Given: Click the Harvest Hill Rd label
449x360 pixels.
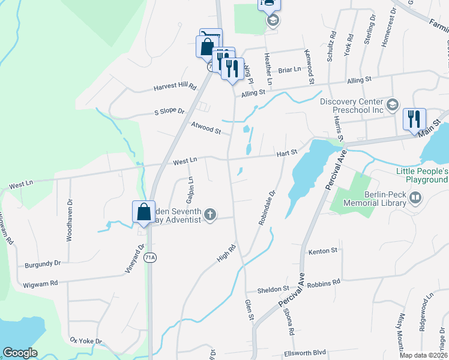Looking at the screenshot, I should pos(175,86).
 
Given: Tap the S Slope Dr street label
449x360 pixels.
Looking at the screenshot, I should pos(169,112).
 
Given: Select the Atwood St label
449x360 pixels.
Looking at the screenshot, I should pos(206,127).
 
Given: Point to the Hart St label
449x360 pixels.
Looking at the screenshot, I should pos(287,154).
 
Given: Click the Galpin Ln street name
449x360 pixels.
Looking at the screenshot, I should pos(190,189).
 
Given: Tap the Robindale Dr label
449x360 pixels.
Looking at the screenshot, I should pos(267,208).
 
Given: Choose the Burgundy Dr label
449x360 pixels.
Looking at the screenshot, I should pos(43,263).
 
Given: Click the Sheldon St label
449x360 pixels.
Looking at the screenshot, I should pos(273,289).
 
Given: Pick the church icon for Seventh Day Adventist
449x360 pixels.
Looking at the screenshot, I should pos(210,214).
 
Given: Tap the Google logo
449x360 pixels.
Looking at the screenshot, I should pos(20,353).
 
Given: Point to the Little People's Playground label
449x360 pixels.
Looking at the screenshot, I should pos(421,175).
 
